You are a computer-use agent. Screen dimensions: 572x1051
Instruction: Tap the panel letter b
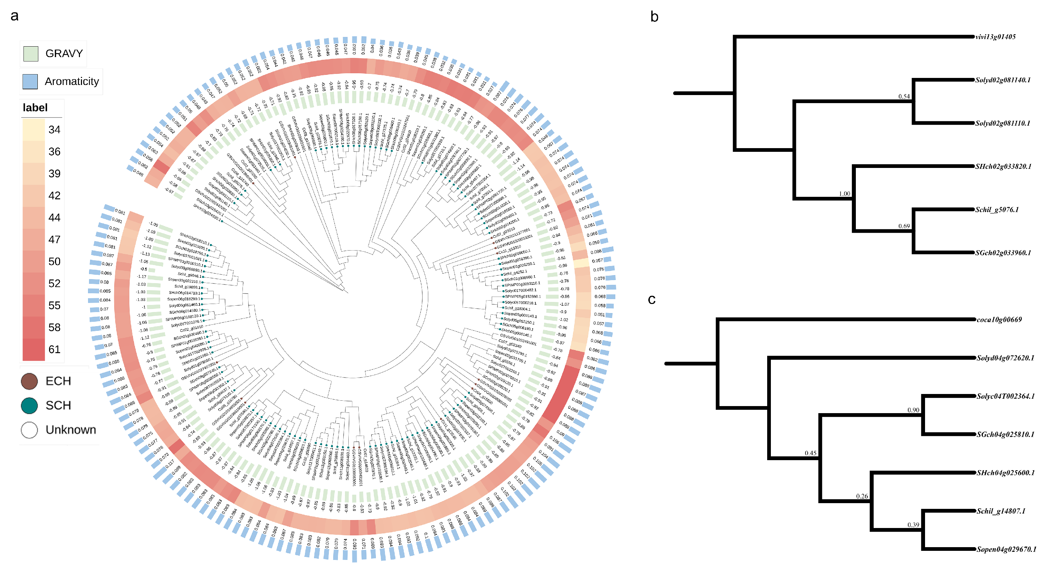click(x=654, y=17)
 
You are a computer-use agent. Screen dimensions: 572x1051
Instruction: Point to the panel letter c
click(x=652, y=300)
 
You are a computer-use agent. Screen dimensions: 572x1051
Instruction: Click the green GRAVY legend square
click(x=31, y=53)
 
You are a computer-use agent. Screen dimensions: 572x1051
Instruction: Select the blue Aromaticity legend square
click(x=30, y=82)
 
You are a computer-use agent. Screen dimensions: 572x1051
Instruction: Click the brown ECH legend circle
click(x=29, y=381)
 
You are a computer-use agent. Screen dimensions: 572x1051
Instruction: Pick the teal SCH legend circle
click(x=29, y=405)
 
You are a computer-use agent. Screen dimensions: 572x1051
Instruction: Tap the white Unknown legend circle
click(x=29, y=430)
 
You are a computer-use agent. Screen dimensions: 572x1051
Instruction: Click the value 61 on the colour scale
click(x=54, y=350)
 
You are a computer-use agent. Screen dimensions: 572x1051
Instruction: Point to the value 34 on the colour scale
click(x=54, y=130)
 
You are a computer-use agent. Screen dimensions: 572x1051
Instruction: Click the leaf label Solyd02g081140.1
click(x=1002, y=80)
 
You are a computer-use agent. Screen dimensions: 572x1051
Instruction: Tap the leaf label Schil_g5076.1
click(x=996, y=210)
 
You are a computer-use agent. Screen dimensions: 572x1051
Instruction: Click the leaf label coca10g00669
click(x=999, y=320)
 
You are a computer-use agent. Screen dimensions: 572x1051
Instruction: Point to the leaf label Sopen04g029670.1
click(x=1006, y=549)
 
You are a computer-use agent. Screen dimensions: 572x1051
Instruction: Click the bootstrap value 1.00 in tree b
click(x=844, y=194)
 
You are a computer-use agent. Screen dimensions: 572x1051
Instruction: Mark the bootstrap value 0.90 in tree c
click(x=913, y=410)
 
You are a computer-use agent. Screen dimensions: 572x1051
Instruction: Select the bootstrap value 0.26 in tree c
click(x=862, y=496)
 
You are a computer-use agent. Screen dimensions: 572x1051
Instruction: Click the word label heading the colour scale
click(x=35, y=108)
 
